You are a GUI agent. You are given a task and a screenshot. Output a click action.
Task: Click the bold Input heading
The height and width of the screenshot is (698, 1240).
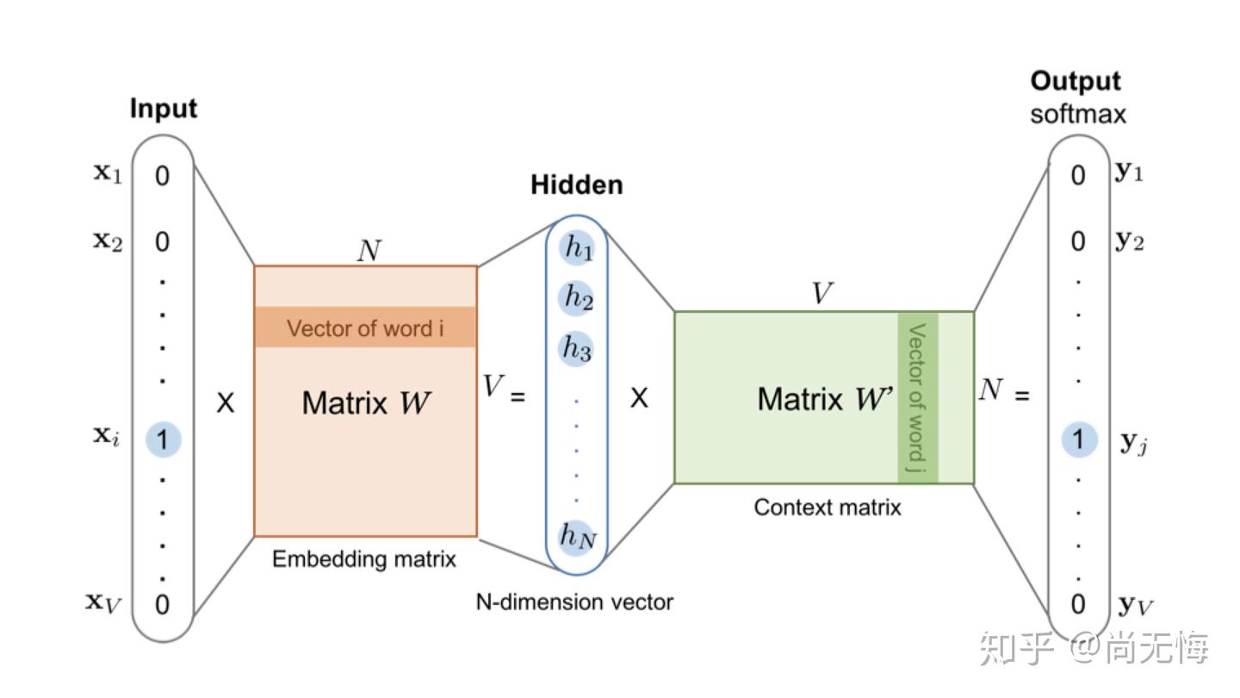(x=164, y=109)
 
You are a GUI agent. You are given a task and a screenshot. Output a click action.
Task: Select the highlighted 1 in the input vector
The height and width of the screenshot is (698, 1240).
(x=163, y=440)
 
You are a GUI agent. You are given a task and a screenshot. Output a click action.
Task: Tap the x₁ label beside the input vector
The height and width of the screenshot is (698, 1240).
(x=108, y=173)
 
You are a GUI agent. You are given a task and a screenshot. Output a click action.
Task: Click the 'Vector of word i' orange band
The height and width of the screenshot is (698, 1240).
(x=365, y=328)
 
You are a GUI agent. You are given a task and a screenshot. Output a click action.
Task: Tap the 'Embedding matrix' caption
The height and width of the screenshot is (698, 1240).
(x=364, y=559)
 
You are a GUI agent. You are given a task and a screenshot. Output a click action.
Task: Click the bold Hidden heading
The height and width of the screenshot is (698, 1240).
(x=576, y=185)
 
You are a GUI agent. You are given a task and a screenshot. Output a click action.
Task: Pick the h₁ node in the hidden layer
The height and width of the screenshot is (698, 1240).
(x=578, y=249)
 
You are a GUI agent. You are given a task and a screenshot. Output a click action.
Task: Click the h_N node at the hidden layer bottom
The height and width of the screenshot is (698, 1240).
(x=578, y=536)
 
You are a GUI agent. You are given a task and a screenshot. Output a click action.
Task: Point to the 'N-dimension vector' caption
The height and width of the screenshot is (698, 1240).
(x=574, y=602)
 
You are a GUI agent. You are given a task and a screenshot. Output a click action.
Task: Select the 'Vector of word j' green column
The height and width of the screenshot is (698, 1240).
(x=918, y=397)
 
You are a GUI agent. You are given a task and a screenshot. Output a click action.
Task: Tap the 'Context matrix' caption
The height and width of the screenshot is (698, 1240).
(x=828, y=508)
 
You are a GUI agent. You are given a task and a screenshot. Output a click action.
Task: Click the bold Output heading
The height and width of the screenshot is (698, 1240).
(x=1076, y=81)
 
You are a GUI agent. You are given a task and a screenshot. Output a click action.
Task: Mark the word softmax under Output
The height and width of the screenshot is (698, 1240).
(x=1078, y=114)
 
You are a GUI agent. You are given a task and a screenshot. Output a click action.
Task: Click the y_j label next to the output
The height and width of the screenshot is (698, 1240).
(x=1133, y=444)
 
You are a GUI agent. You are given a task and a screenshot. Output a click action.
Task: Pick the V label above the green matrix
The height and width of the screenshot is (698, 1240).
(x=822, y=294)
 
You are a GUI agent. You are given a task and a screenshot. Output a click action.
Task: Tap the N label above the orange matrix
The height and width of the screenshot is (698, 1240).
(x=368, y=251)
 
